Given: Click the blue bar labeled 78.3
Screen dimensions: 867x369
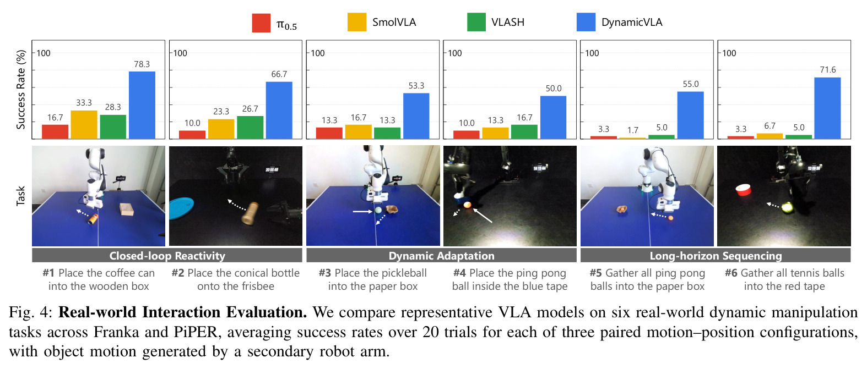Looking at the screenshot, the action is (142, 105).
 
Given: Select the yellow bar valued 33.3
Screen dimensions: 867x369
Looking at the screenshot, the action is (84, 124).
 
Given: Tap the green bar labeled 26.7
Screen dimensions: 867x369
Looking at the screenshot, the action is (250, 127).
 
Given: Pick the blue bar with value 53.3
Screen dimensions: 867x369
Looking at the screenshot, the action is (416, 116).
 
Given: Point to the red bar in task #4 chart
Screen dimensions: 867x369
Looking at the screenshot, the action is (467, 135).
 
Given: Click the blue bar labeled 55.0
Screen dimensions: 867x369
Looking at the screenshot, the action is (691, 115).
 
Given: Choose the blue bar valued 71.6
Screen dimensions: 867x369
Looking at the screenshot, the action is (827, 108).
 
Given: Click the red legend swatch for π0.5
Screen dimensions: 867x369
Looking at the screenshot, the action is (261, 23).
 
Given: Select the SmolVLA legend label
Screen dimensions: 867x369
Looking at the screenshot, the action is (394, 22).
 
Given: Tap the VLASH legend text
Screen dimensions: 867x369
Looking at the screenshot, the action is (508, 22).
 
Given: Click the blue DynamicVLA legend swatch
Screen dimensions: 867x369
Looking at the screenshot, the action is (586, 22).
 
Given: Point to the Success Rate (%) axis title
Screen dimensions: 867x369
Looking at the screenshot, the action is (20, 90).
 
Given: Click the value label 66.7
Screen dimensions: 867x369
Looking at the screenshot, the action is (279, 74).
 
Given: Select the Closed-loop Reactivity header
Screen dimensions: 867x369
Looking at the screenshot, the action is (167, 256).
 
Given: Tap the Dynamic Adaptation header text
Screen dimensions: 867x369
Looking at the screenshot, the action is (442, 256).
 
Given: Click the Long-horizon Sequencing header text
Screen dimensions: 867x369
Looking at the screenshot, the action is (716, 256).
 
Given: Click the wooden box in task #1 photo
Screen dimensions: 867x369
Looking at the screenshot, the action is (127, 210).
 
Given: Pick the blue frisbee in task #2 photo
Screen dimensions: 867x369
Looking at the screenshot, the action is (181, 208).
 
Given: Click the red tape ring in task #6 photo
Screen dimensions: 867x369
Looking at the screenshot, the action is (743, 190).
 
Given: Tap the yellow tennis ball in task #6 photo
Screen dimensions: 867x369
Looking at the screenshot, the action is (787, 208).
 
